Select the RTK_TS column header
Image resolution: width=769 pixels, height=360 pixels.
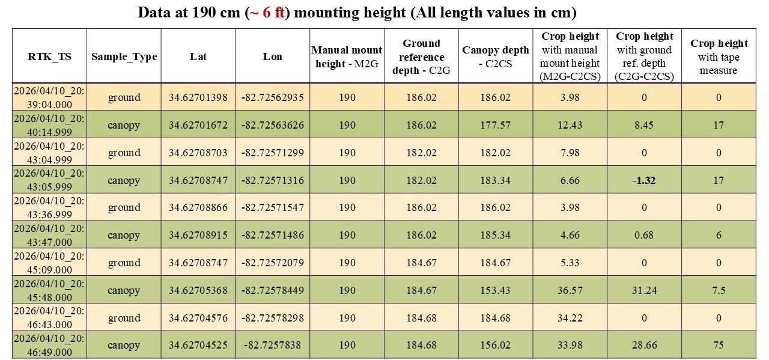click(49, 56)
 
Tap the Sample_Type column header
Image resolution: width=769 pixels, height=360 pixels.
click(124, 56)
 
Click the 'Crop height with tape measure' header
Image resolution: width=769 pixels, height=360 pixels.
click(719, 57)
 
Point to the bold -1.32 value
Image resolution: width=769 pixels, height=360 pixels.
click(645, 180)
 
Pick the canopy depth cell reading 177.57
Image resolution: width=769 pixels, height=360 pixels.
click(496, 125)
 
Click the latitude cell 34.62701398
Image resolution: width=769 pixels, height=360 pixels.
click(198, 97)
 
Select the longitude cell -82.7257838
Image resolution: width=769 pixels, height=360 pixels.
click(273, 345)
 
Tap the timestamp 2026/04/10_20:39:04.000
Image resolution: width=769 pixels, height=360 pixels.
click(49, 97)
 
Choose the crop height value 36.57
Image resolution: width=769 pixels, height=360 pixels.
click(570, 290)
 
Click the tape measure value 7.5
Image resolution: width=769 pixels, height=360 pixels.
click(719, 290)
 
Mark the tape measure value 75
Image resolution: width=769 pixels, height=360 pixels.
click(719, 345)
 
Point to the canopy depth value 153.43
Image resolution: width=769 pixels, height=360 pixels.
click(496, 290)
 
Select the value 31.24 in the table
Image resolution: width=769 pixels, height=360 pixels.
click(645, 290)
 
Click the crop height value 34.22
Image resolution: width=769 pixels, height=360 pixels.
click(570, 318)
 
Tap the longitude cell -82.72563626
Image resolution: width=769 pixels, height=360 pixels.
click(273, 125)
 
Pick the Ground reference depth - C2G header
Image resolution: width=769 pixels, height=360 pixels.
click(421, 57)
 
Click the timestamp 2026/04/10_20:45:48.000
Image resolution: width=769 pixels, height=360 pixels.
click(49, 290)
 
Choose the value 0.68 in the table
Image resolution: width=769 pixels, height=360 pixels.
click(645, 235)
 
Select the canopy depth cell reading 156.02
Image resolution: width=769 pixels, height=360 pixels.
click(496, 345)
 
